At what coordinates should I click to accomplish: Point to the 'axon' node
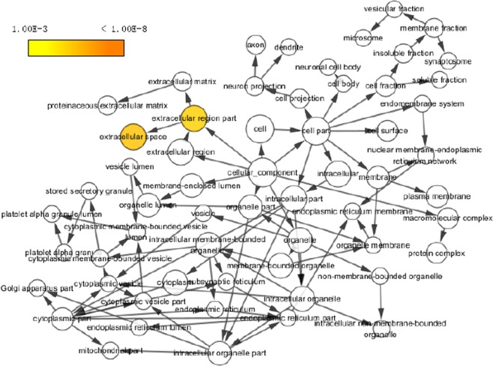pos(256,46)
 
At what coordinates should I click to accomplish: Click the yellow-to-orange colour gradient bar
pos(76,48)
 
